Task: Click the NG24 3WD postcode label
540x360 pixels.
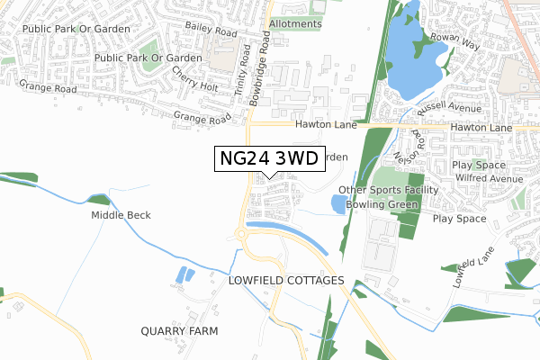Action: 269,159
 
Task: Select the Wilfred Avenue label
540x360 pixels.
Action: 487,178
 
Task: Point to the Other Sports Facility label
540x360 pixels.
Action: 388,190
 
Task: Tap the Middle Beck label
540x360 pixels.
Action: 121,216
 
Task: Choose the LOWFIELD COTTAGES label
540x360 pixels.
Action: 287,281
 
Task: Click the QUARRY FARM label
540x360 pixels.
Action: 180,331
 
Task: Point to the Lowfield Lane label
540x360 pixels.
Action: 474,265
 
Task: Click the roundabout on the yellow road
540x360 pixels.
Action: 242,236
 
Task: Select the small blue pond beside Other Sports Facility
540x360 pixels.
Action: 338,204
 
